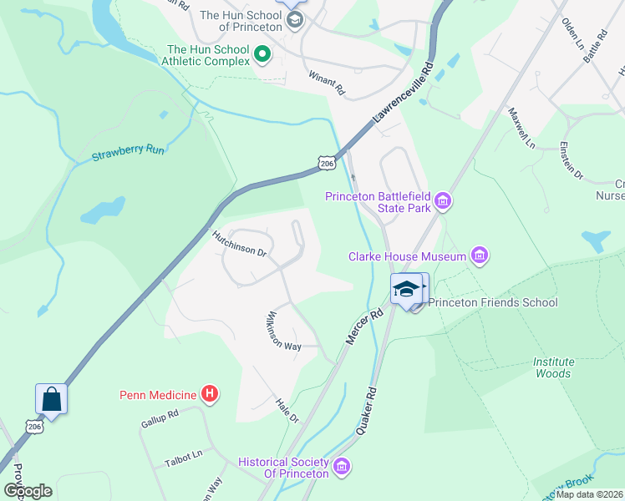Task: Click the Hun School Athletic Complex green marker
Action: (262, 56)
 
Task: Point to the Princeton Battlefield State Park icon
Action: (443, 201)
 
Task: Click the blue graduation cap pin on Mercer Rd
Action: (406, 289)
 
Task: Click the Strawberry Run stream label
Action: (128, 151)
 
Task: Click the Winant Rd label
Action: (326, 82)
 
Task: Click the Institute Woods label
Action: (554, 367)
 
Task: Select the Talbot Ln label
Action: (184, 454)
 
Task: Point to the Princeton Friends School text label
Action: (493, 302)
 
